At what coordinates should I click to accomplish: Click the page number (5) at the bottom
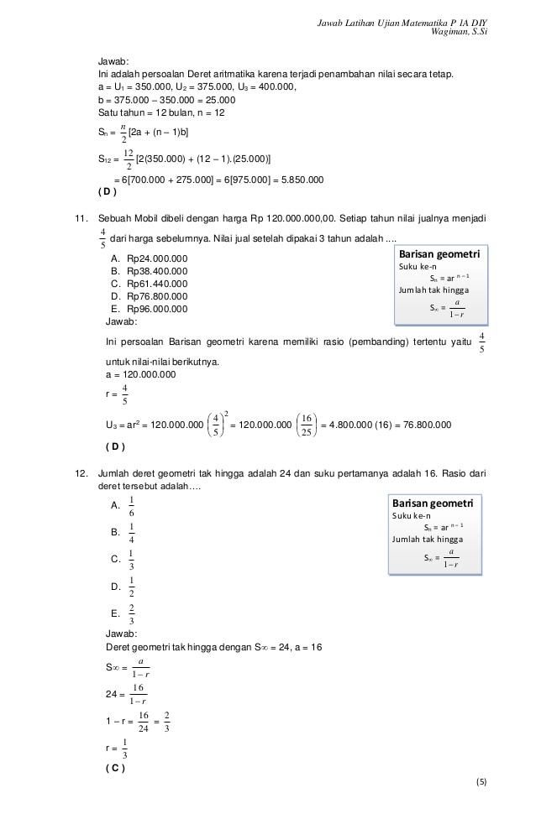tap(481, 782)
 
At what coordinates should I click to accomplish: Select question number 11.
tap(81, 218)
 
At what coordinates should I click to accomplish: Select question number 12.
tap(81, 473)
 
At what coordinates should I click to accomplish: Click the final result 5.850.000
tap(299, 180)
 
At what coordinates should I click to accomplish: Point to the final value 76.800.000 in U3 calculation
tap(421, 425)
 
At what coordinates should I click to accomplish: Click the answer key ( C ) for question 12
tap(112, 768)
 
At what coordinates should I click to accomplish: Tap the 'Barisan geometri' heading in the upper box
tap(439, 253)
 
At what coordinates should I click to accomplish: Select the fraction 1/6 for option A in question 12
tap(132, 506)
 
